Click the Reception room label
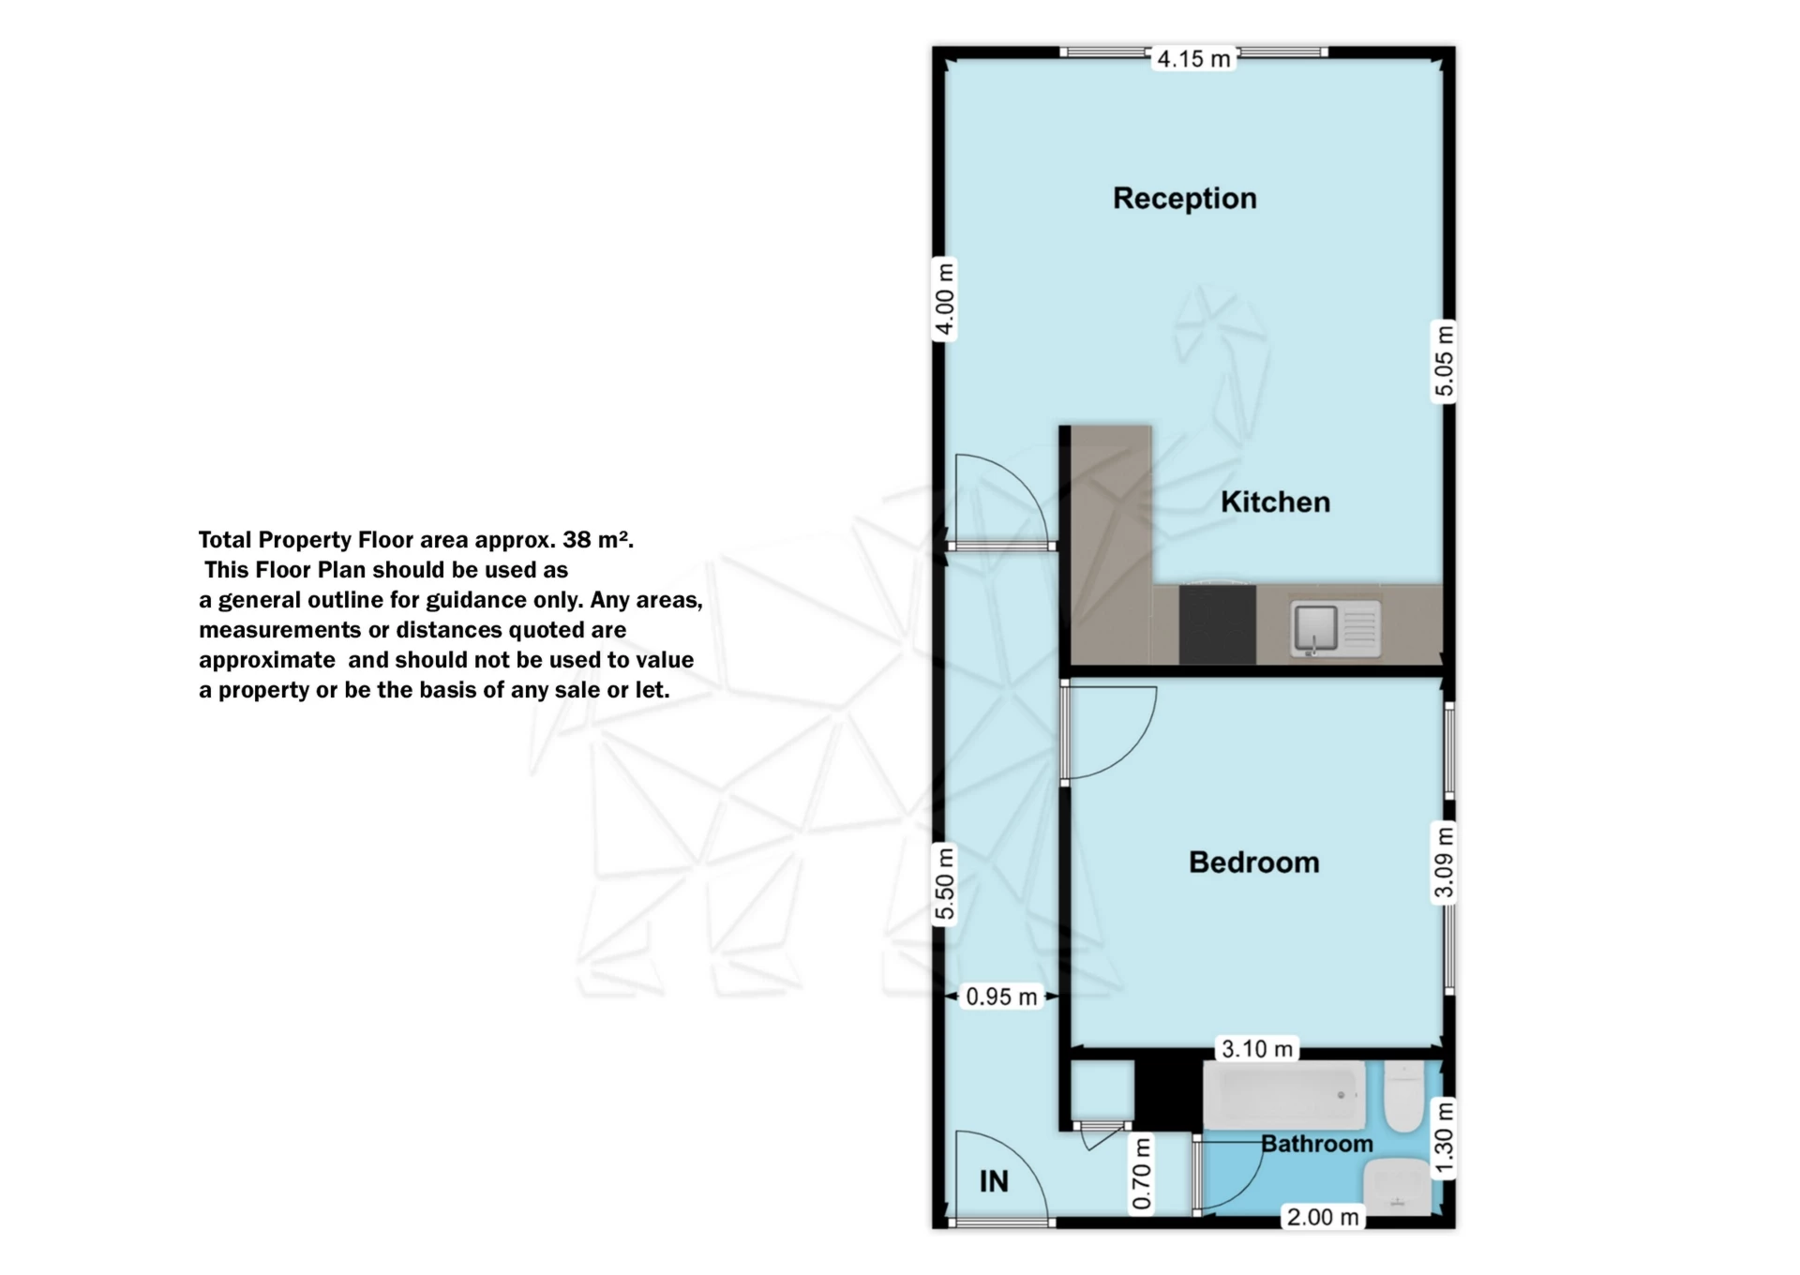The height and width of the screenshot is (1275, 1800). [x=1185, y=198]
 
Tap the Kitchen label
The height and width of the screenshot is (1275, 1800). [x=1275, y=502]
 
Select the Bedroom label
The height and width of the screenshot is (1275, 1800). [x=1254, y=862]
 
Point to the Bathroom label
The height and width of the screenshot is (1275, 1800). [x=1317, y=1144]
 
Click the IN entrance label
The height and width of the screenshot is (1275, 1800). [x=994, y=1181]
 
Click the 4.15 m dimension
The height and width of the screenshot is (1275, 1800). [x=1193, y=59]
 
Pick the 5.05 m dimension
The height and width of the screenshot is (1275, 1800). [x=1445, y=361]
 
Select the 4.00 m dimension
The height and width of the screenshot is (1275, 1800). [x=945, y=299]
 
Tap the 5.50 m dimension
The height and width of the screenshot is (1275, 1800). [x=945, y=884]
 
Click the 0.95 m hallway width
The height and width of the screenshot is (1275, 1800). [x=1002, y=997]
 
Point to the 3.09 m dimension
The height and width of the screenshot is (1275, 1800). [x=1445, y=862]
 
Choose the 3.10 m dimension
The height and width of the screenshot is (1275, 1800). [x=1257, y=1049]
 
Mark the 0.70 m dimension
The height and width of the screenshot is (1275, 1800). [x=1141, y=1174]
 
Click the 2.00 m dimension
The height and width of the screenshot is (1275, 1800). [x=1323, y=1218]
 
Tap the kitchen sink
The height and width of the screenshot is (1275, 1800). [x=1335, y=627]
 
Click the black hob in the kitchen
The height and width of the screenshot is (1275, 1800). [x=1217, y=624]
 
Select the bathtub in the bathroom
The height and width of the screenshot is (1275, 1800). [x=1284, y=1095]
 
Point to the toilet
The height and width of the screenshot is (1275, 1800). [x=1404, y=1096]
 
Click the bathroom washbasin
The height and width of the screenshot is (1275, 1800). [x=1398, y=1187]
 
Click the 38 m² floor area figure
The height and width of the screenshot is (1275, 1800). [x=598, y=540]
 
